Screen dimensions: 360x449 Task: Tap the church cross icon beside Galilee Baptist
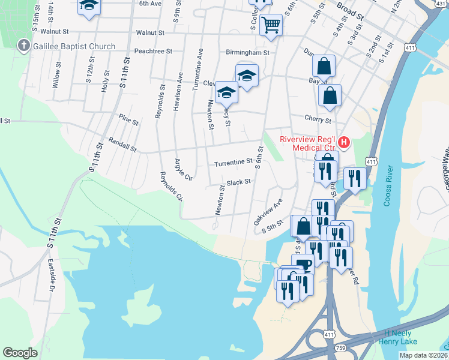[x=23, y=45]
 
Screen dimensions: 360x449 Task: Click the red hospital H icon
[x=343, y=142]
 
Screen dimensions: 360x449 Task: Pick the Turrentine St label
[x=233, y=162]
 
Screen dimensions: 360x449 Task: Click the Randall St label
[x=122, y=144]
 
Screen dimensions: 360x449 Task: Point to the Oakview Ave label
[x=267, y=212]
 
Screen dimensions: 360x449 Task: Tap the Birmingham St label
[x=247, y=52]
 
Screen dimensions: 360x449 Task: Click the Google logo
[x=20, y=353]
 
